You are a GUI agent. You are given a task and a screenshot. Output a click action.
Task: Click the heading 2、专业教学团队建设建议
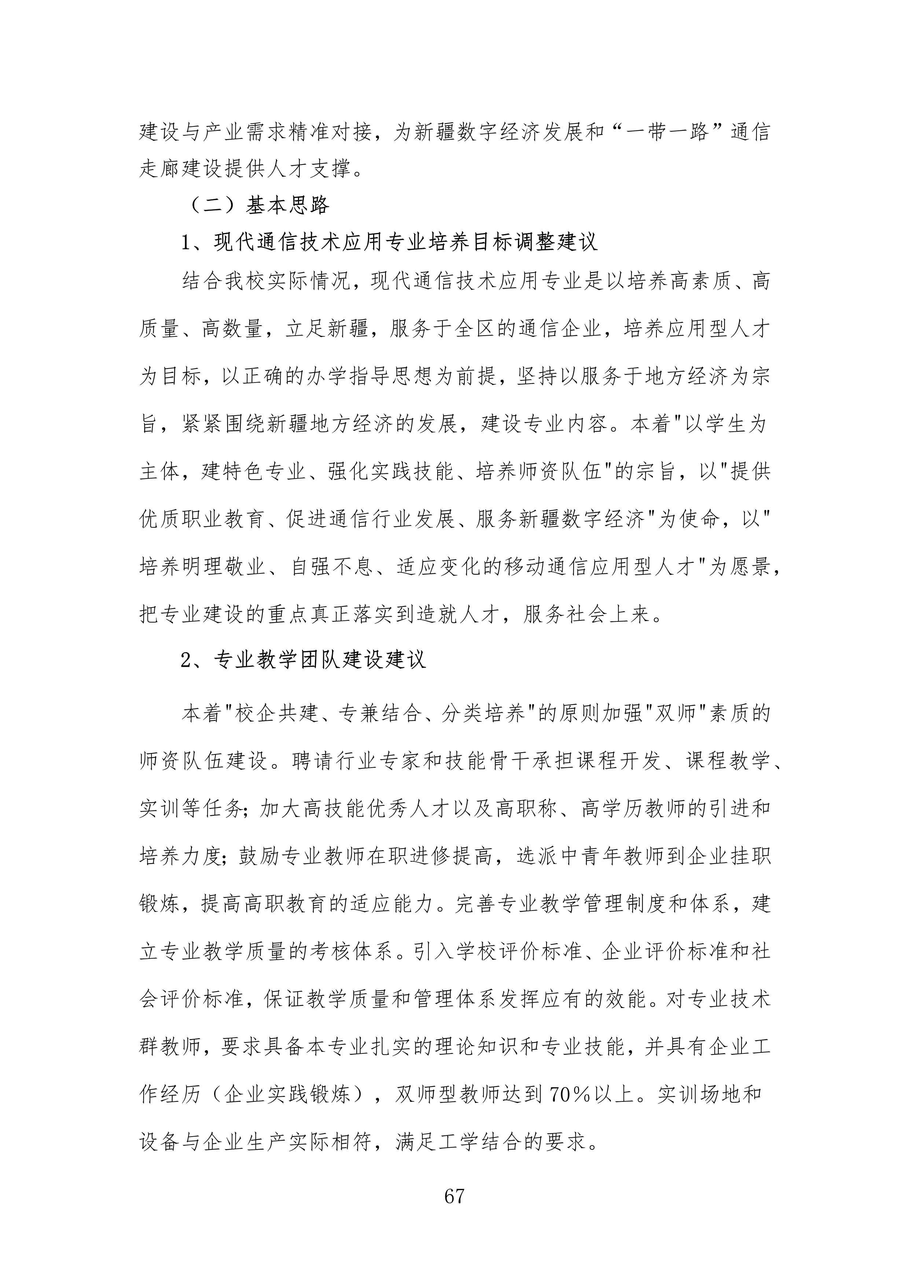click(x=303, y=660)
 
